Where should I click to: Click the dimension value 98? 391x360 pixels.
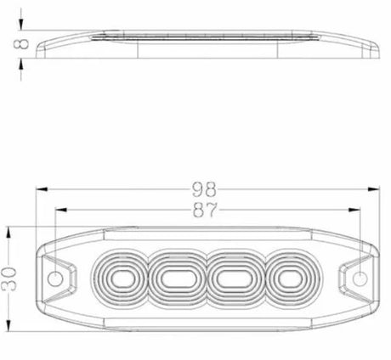click(x=204, y=189)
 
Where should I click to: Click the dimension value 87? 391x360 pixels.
click(x=205, y=210)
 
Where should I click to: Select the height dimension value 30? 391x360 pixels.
click(x=9, y=279)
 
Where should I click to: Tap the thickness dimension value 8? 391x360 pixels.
click(x=21, y=44)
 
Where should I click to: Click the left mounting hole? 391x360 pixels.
click(x=55, y=278)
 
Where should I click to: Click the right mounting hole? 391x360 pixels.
click(x=360, y=278)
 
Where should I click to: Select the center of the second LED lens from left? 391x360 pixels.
click(x=177, y=279)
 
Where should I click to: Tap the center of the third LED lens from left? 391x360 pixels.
click(x=235, y=279)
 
